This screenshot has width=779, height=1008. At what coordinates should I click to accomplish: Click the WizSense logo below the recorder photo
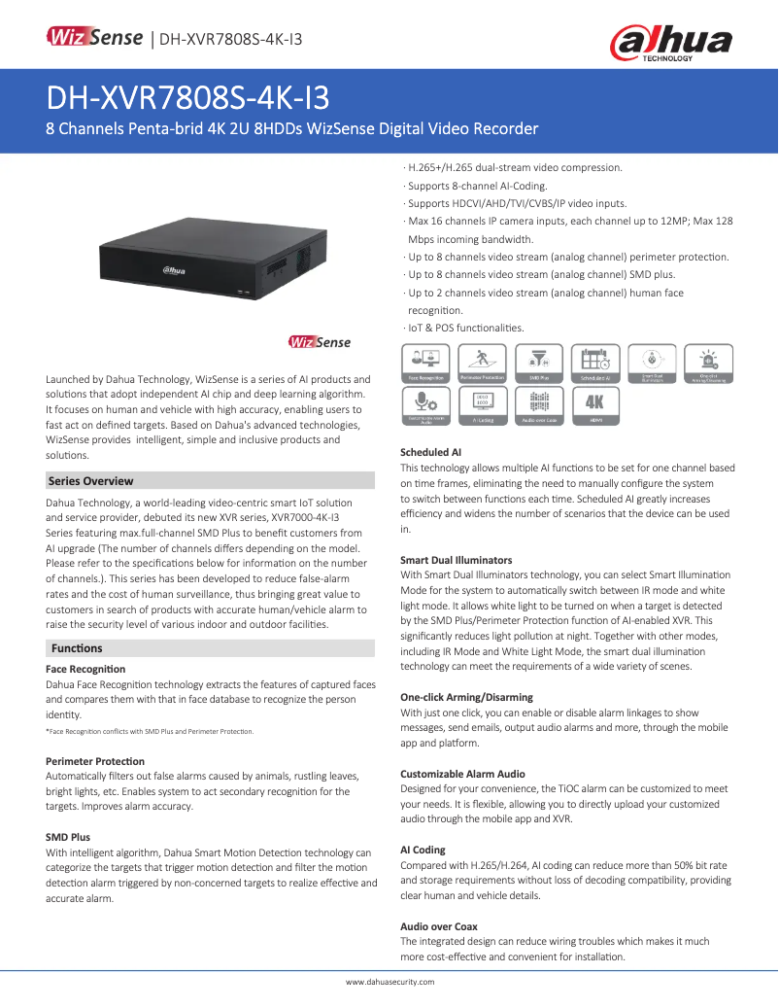point(320,342)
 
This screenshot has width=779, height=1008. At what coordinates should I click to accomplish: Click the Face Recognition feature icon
point(425,363)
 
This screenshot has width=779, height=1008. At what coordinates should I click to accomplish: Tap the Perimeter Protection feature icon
point(483,363)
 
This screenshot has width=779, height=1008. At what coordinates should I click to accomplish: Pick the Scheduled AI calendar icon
point(595,363)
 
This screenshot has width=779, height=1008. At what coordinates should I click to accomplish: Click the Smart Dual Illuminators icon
point(652,363)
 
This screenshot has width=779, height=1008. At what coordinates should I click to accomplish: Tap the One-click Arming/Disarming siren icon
point(708,363)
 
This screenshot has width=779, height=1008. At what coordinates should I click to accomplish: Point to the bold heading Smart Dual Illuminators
point(457,560)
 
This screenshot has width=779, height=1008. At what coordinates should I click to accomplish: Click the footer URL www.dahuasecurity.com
point(389,982)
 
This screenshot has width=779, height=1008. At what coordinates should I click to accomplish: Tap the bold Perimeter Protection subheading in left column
point(95,761)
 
